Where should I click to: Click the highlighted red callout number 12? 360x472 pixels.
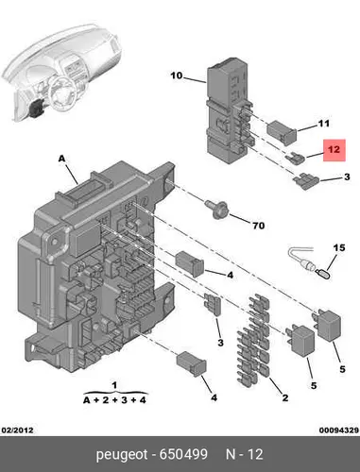[x=334, y=149]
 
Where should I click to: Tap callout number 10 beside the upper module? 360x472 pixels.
[x=177, y=76]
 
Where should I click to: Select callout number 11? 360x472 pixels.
[x=323, y=124]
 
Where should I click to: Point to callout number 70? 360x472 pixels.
[x=258, y=226]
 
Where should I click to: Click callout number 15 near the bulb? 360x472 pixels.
[x=339, y=248]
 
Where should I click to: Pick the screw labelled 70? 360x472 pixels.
[x=217, y=209]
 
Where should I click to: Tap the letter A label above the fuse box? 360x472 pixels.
[x=61, y=159]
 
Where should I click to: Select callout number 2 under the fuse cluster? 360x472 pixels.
[x=285, y=398]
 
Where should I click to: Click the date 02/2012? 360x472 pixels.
[x=18, y=430]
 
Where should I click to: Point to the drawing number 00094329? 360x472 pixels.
[x=339, y=430]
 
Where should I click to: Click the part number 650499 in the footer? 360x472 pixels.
[x=183, y=454]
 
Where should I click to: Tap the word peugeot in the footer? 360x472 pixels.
[x=122, y=455]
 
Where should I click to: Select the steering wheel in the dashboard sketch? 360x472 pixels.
[x=63, y=93]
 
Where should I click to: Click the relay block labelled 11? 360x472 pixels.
[x=282, y=132]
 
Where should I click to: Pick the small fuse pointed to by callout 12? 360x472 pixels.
[x=296, y=159]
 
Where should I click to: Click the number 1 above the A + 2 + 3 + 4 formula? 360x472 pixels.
[x=114, y=385]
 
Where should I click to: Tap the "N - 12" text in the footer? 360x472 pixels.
[x=245, y=454]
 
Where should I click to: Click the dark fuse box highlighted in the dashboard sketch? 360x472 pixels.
[x=36, y=108]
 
